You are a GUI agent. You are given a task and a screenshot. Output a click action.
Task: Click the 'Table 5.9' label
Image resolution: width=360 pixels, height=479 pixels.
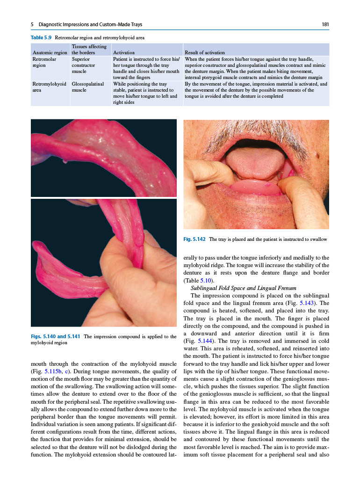point(41,36)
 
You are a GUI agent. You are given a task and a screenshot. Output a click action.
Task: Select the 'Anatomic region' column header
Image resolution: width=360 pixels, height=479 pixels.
point(50,53)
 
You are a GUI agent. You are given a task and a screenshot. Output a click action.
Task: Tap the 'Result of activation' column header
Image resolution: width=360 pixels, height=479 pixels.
point(205,53)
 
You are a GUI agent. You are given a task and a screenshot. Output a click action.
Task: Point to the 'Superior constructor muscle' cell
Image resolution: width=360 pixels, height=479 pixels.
point(85,65)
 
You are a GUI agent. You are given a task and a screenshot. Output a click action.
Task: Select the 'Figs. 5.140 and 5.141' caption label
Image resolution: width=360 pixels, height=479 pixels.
point(56,336)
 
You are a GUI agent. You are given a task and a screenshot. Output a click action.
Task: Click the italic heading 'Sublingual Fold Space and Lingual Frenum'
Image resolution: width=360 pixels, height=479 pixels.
point(244,288)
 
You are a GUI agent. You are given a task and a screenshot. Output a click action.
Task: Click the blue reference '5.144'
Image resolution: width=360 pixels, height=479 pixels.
point(207,341)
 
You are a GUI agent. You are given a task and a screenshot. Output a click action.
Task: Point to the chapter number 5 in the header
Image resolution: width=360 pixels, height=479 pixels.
point(32,24)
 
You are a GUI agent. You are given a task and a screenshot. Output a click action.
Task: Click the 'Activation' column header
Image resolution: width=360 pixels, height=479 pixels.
point(124,53)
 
